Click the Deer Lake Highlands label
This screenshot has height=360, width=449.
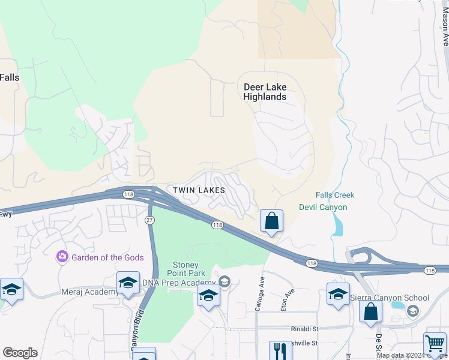pos(265,92)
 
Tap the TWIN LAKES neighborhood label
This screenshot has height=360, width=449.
pos(199,190)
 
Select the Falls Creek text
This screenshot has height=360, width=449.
pos(335,195)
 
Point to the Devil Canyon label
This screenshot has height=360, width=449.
pos(323,208)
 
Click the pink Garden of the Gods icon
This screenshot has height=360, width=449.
pos(62,257)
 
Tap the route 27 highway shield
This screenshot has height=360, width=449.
pos(149,220)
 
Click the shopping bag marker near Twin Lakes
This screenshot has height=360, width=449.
pos(271,221)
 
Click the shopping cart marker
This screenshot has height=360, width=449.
pos(435,344)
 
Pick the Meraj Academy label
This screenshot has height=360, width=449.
pos(89,292)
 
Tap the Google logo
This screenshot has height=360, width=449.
pos(20,353)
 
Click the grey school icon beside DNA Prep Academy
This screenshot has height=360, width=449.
pos(224,281)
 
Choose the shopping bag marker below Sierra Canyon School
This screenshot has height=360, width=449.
pos(370,312)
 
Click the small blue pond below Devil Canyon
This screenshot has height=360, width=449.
pos(337,226)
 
